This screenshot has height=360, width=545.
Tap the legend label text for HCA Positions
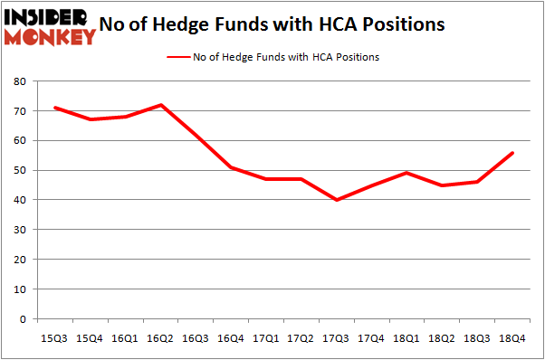(x=285, y=57)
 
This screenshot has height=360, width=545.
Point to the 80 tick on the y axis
(x=18, y=81)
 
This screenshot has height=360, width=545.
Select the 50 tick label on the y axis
(x=18, y=170)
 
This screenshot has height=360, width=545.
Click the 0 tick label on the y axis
(x=22, y=318)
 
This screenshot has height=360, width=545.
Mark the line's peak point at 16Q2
(x=161, y=105)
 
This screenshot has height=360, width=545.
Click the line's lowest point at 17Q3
(x=337, y=200)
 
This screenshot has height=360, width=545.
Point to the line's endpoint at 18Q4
(x=513, y=152)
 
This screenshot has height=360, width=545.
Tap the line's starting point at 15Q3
(x=55, y=108)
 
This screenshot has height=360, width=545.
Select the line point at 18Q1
(x=407, y=173)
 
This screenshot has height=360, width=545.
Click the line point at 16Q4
(x=232, y=167)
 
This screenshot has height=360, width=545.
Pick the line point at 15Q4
(x=91, y=119)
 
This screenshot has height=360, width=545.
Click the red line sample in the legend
(x=177, y=57)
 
